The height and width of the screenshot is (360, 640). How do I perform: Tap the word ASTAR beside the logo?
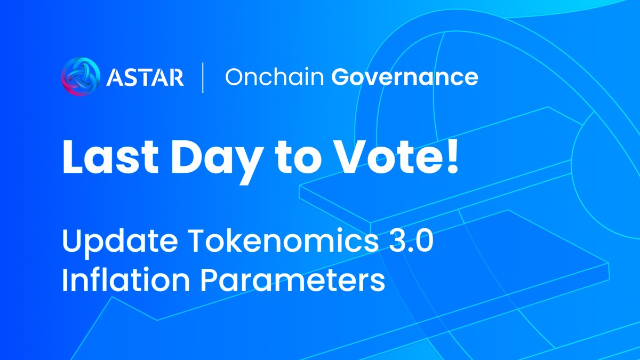coord(145,77)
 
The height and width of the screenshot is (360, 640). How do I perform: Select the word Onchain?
coord(274,77)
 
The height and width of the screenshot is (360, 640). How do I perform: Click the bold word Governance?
coord(405,78)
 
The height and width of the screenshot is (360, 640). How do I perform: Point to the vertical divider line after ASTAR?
coord(202,77)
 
